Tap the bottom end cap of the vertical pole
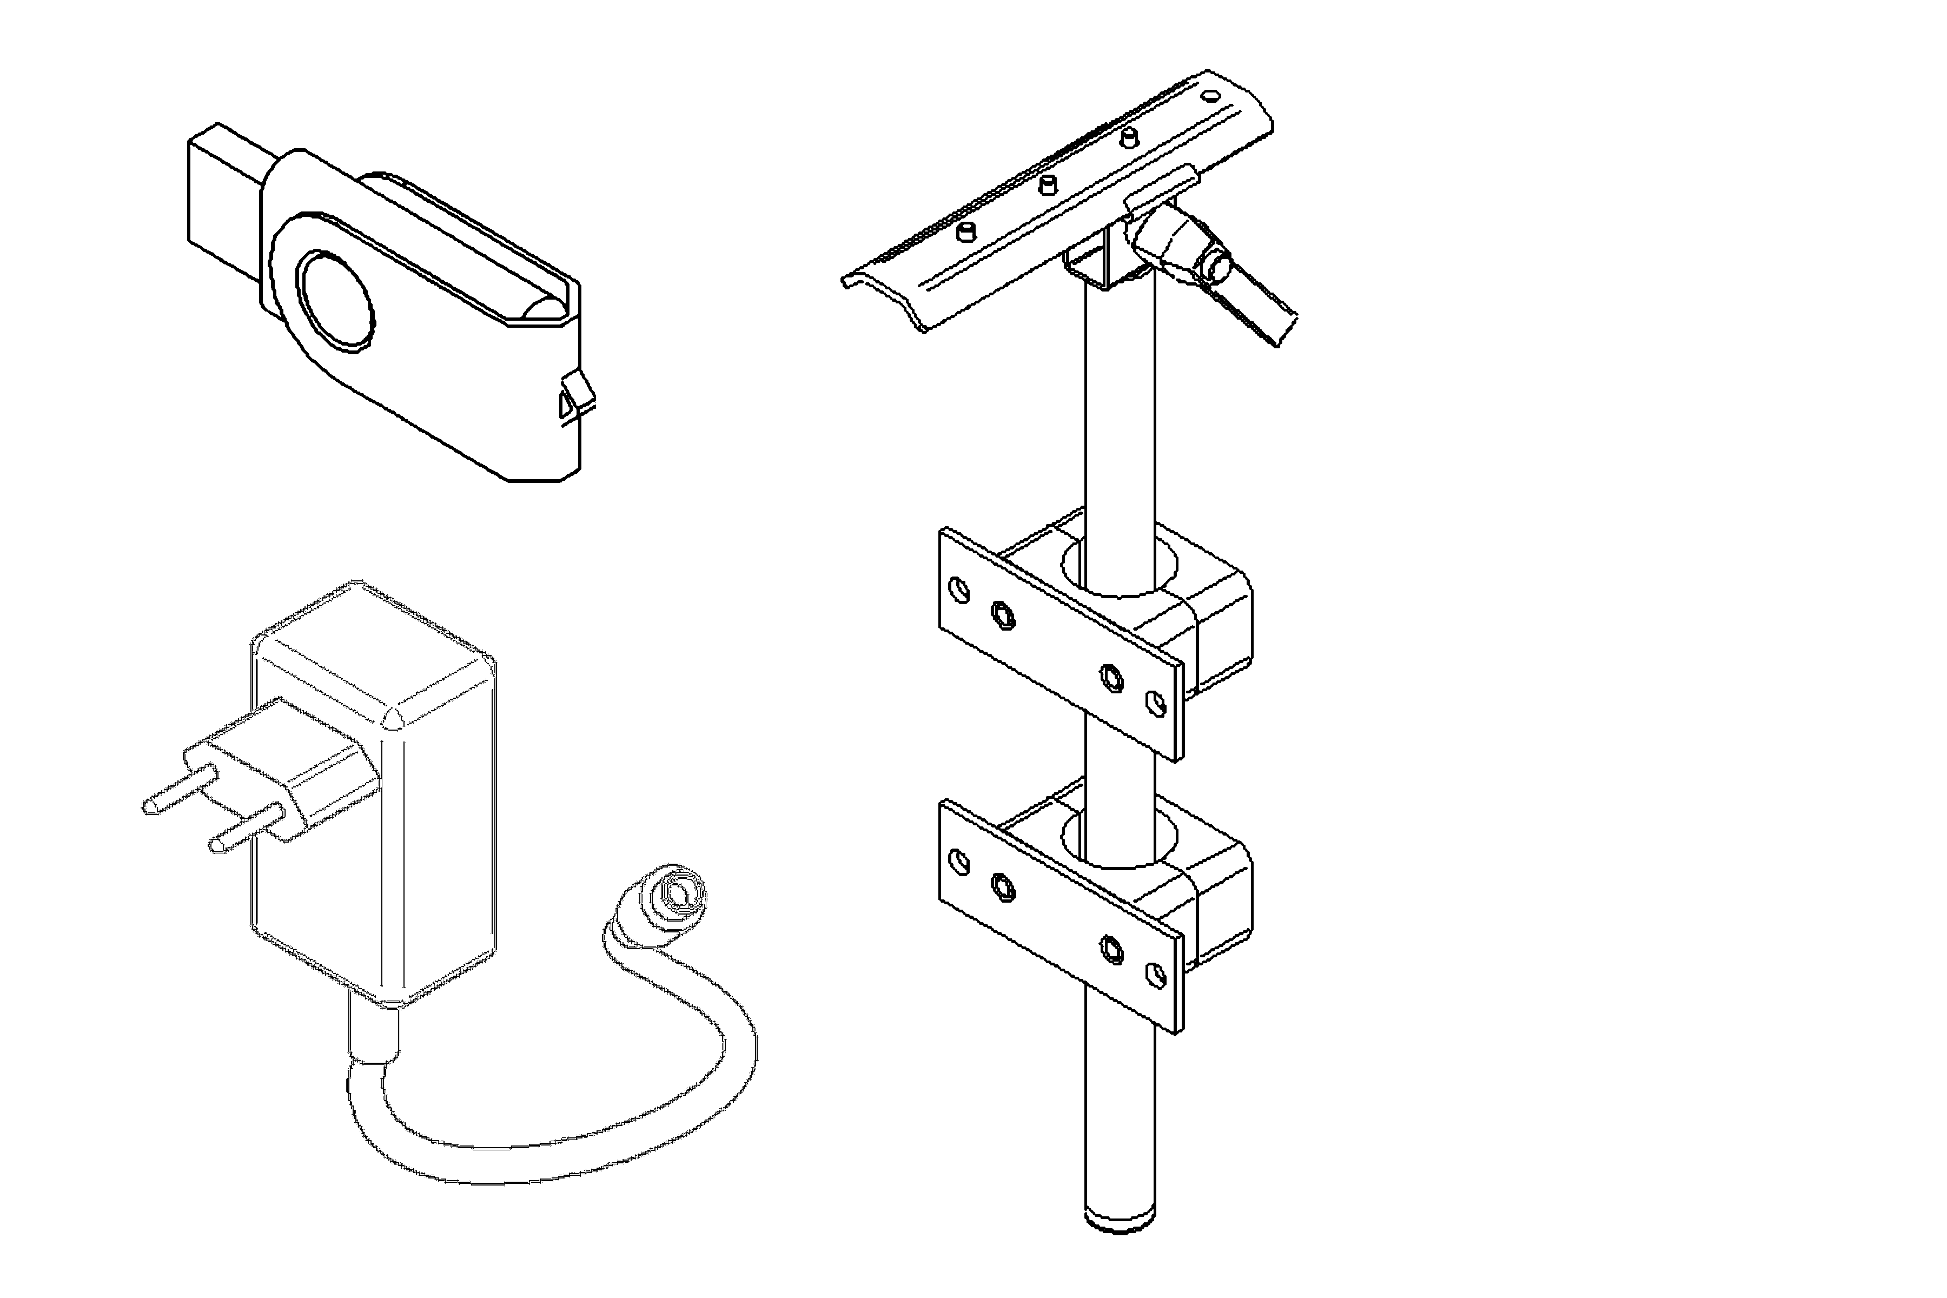coord(1119,1221)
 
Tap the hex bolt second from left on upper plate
coord(1003,615)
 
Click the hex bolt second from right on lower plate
coord(1112,950)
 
